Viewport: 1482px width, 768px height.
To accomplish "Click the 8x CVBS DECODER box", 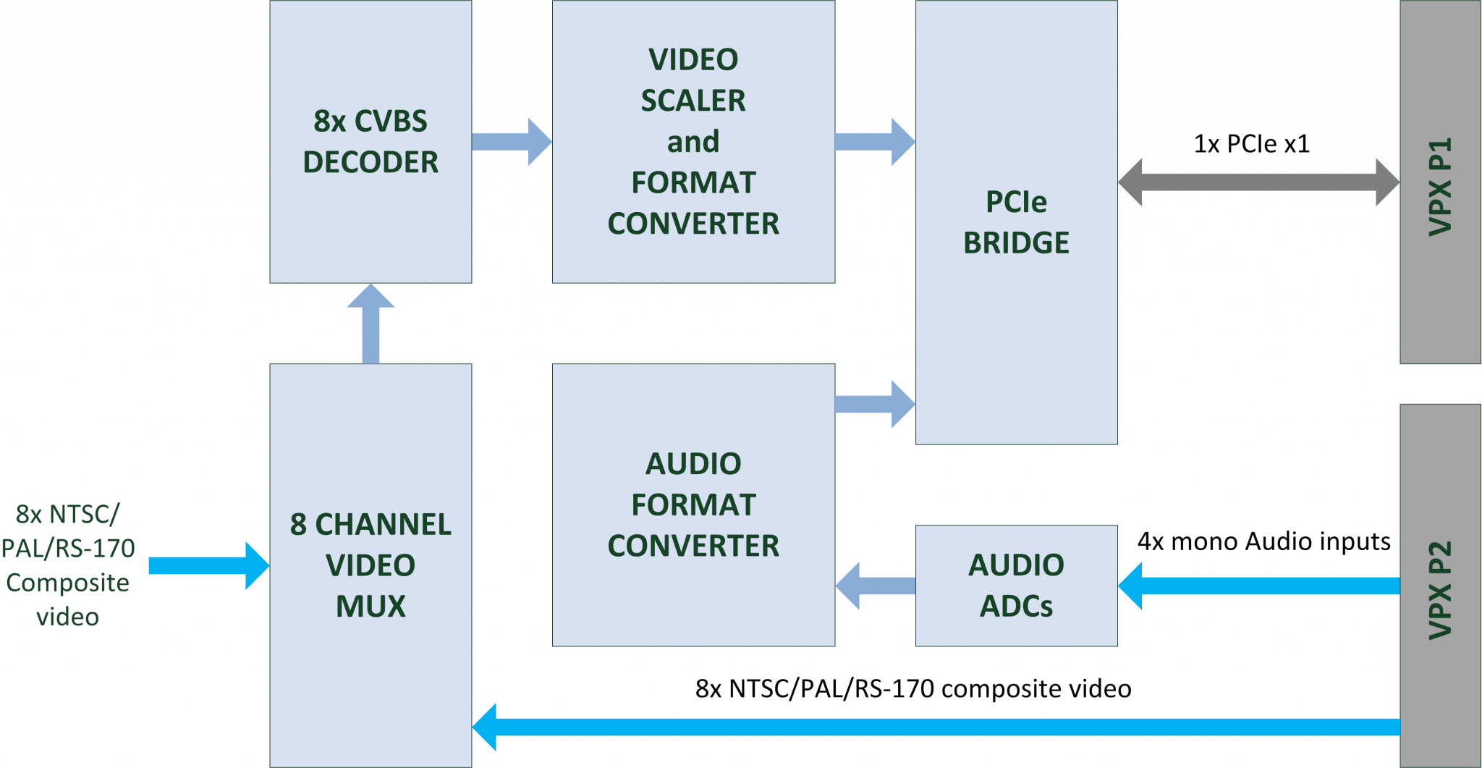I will click(370, 141).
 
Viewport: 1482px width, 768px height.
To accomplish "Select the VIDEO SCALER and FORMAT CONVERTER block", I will click(693, 141).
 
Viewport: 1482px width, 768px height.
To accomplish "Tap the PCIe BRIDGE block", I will click(1016, 221).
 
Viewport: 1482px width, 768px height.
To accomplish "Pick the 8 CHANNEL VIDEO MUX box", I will click(370, 565).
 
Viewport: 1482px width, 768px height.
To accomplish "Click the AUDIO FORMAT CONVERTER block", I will click(693, 505).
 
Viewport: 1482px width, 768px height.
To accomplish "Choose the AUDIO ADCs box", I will click(1016, 585).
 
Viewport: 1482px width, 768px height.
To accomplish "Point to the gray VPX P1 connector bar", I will click(1440, 181).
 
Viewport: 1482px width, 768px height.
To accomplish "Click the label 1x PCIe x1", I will click(1251, 144).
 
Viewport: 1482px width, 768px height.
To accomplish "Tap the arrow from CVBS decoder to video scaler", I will click(511, 142).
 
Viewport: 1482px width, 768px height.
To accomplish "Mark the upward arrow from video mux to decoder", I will click(370, 324).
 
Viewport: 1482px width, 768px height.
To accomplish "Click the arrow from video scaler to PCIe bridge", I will click(874, 142).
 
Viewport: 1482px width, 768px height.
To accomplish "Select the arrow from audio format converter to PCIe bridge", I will click(874, 404).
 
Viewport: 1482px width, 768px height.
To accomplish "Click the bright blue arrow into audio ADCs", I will click(1259, 586).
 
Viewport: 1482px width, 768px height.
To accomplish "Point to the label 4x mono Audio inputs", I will click(1263, 541).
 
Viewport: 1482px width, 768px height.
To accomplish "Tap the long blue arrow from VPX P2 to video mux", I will click(933, 727).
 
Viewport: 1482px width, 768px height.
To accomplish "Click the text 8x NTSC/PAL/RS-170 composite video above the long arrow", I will click(913, 688).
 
